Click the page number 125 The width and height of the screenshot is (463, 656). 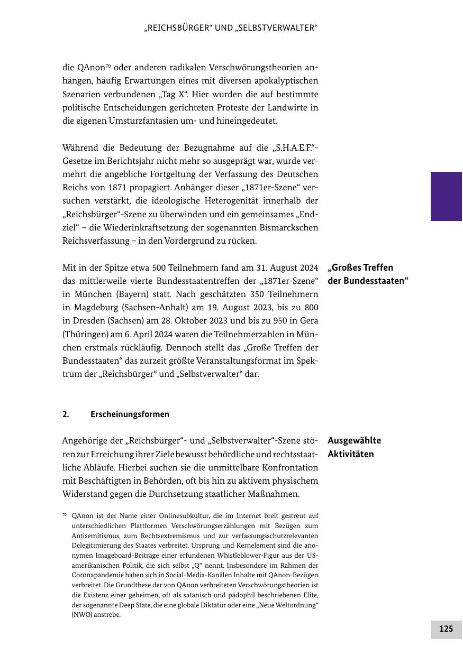[446, 629]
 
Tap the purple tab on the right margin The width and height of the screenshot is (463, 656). [446, 196]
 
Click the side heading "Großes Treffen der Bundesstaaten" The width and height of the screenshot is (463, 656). [368, 274]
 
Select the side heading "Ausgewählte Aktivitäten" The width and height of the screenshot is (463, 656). [354, 447]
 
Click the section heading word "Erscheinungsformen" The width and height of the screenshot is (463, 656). [130, 414]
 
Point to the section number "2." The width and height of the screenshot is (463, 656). [66, 414]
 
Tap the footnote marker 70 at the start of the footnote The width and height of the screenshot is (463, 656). [65, 514]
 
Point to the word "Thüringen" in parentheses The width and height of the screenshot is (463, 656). [81, 334]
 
